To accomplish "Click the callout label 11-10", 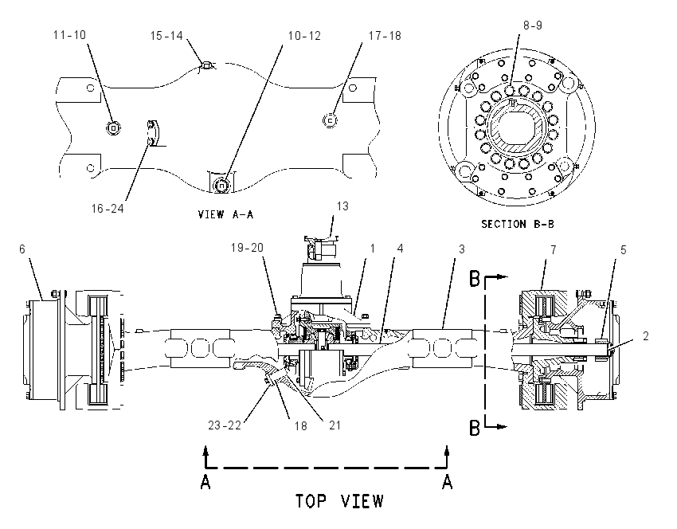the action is click(x=69, y=35).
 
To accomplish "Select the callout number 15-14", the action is click(x=166, y=36).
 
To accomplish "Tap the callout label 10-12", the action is click(x=304, y=36).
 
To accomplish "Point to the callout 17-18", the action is click(x=385, y=36).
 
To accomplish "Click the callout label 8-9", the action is click(x=533, y=25).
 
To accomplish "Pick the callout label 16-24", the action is click(x=108, y=209).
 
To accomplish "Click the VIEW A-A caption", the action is click(x=225, y=214).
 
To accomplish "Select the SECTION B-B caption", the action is click(x=518, y=224).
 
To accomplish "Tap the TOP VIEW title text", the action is click(x=339, y=501).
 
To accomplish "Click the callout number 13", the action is click(x=342, y=206).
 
